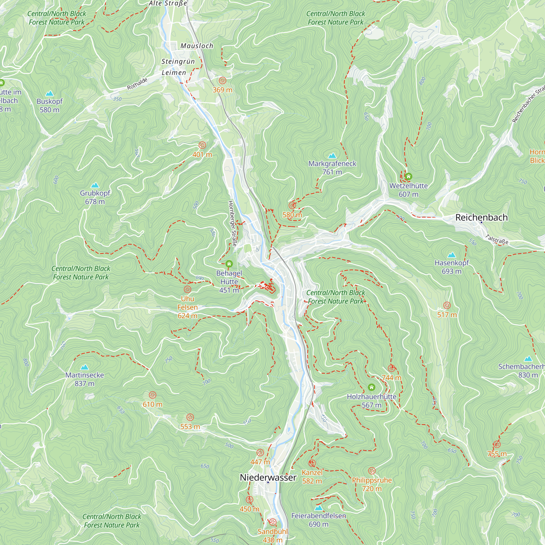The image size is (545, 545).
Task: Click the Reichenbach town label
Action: point(482,217)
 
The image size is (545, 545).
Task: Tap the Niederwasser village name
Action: point(268,478)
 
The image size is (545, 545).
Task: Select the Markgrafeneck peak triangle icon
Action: point(332,156)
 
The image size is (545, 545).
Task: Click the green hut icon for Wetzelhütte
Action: point(408,177)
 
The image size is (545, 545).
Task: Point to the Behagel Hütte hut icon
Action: point(229,264)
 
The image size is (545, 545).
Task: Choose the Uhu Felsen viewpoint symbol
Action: point(187,289)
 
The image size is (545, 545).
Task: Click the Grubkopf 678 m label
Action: point(95,197)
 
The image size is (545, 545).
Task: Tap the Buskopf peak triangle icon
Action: point(50,93)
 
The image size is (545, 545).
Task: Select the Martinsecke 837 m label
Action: point(84,379)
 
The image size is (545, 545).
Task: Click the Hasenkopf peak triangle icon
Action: point(452,255)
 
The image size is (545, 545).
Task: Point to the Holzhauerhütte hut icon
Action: point(371,387)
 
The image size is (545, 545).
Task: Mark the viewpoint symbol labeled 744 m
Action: point(391,368)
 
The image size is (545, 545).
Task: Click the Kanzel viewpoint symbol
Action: point(312,463)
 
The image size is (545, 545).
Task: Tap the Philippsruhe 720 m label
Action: point(372,484)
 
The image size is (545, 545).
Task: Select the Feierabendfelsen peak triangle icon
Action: point(319,508)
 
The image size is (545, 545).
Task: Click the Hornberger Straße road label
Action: point(232,223)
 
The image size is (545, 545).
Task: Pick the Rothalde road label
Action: point(137,84)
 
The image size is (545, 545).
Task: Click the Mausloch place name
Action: point(197,46)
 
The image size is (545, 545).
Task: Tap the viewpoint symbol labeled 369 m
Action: point(223,81)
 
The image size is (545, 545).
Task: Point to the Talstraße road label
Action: point(497,240)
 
